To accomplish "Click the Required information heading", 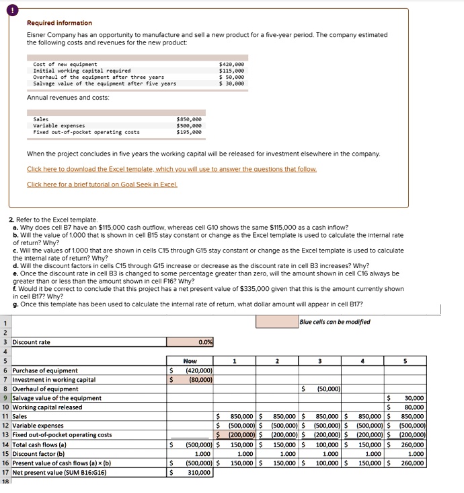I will pos(59,23).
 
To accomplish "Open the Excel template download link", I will pos(171,169).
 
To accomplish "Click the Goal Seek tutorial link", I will pos(102,184).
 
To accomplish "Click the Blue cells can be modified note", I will pos(335,322).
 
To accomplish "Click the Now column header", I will pos(190,361).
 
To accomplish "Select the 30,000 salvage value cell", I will pos(413,398).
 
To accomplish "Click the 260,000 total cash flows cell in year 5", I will pos(412,445).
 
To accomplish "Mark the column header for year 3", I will pos(320,361).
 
